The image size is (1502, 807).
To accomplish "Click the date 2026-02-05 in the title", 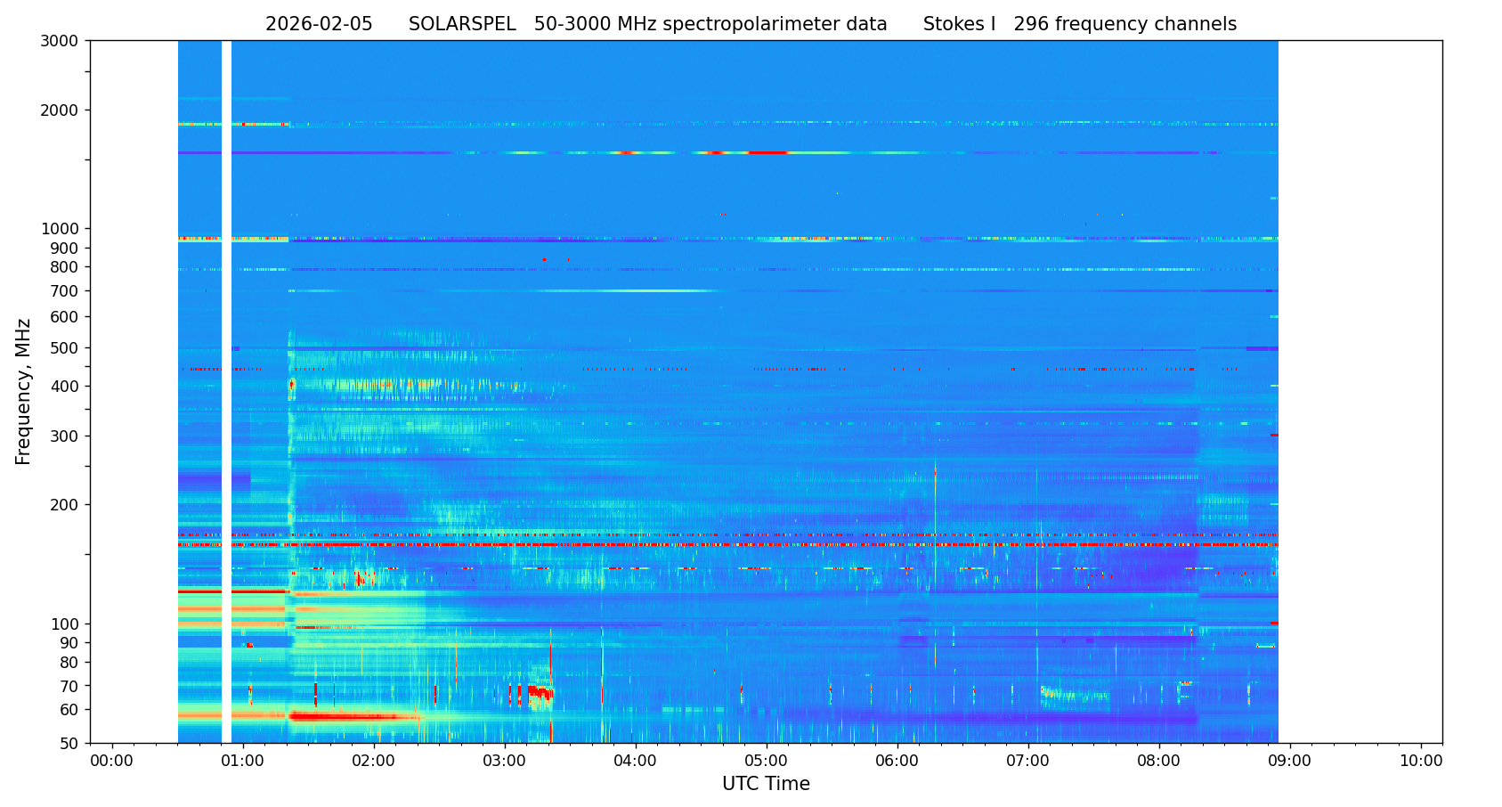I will (x=319, y=25).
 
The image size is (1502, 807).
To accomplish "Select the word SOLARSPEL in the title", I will (x=462, y=25).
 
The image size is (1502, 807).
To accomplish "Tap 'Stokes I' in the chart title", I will (x=959, y=25).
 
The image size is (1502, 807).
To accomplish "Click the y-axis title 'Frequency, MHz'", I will (x=24, y=391).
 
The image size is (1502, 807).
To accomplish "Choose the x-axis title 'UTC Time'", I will (x=766, y=785).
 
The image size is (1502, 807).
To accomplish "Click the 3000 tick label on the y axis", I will (x=60, y=41).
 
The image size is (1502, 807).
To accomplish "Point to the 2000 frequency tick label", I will (x=60, y=110).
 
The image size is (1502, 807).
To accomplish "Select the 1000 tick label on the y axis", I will (x=60, y=229).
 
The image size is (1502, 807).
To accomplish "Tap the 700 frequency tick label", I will (x=64, y=291).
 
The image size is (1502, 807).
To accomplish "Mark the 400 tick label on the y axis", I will (x=64, y=387).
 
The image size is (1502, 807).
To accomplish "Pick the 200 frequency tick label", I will (x=64, y=505).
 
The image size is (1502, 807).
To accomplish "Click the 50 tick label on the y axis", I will (x=68, y=744).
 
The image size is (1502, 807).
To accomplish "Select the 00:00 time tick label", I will (x=112, y=762).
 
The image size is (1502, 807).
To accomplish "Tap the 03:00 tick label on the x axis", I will (x=505, y=762).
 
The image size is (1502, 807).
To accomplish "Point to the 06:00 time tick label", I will (x=897, y=762).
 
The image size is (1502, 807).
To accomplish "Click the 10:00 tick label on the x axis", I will (x=1421, y=762).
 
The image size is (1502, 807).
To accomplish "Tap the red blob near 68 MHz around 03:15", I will (x=540, y=691).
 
